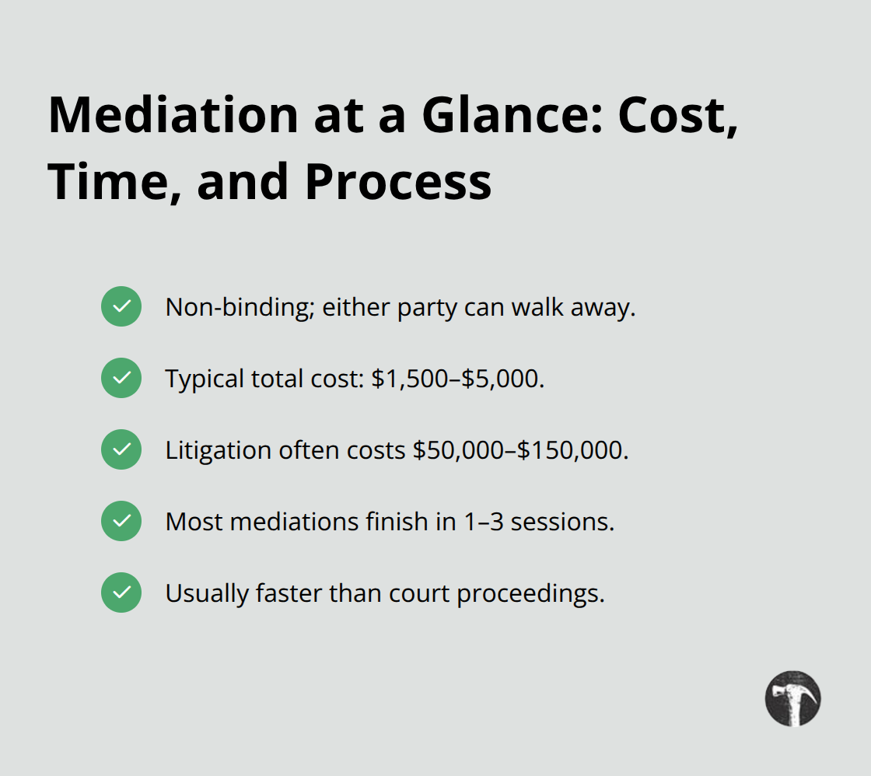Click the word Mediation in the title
pyautogui.click(x=173, y=115)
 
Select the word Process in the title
pyautogui.click(x=397, y=182)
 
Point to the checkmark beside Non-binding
pyautogui.click(x=121, y=306)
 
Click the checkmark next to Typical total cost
pyautogui.click(x=121, y=378)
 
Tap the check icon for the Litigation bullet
pyautogui.click(x=121, y=449)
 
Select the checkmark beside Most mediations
pyautogui.click(x=121, y=521)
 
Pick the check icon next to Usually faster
pyautogui.click(x=121, y=592)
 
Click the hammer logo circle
pyautogui.click(x=792, y=698)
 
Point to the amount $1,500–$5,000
pyautogui.click(x=456, y=379)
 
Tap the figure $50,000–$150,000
pyautogui.click(x=520, y=450)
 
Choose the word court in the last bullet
pyautogui.click(x=426, y=593)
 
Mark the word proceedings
pyautogui.click(x=531, y=594)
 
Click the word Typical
pyautogui.click(x=205, y=379)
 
